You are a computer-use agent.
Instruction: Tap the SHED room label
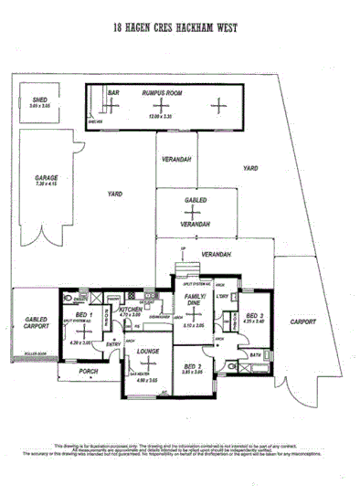coord(39,100)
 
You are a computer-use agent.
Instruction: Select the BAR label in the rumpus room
coord(114,92)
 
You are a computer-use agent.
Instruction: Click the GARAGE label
coord(47,177)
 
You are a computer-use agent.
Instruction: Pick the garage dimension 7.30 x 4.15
coord(47,184)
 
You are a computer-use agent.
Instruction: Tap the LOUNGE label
coord(148,351)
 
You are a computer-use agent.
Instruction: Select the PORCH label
coord(89,371)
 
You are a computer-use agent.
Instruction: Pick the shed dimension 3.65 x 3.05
coord(39,107)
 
